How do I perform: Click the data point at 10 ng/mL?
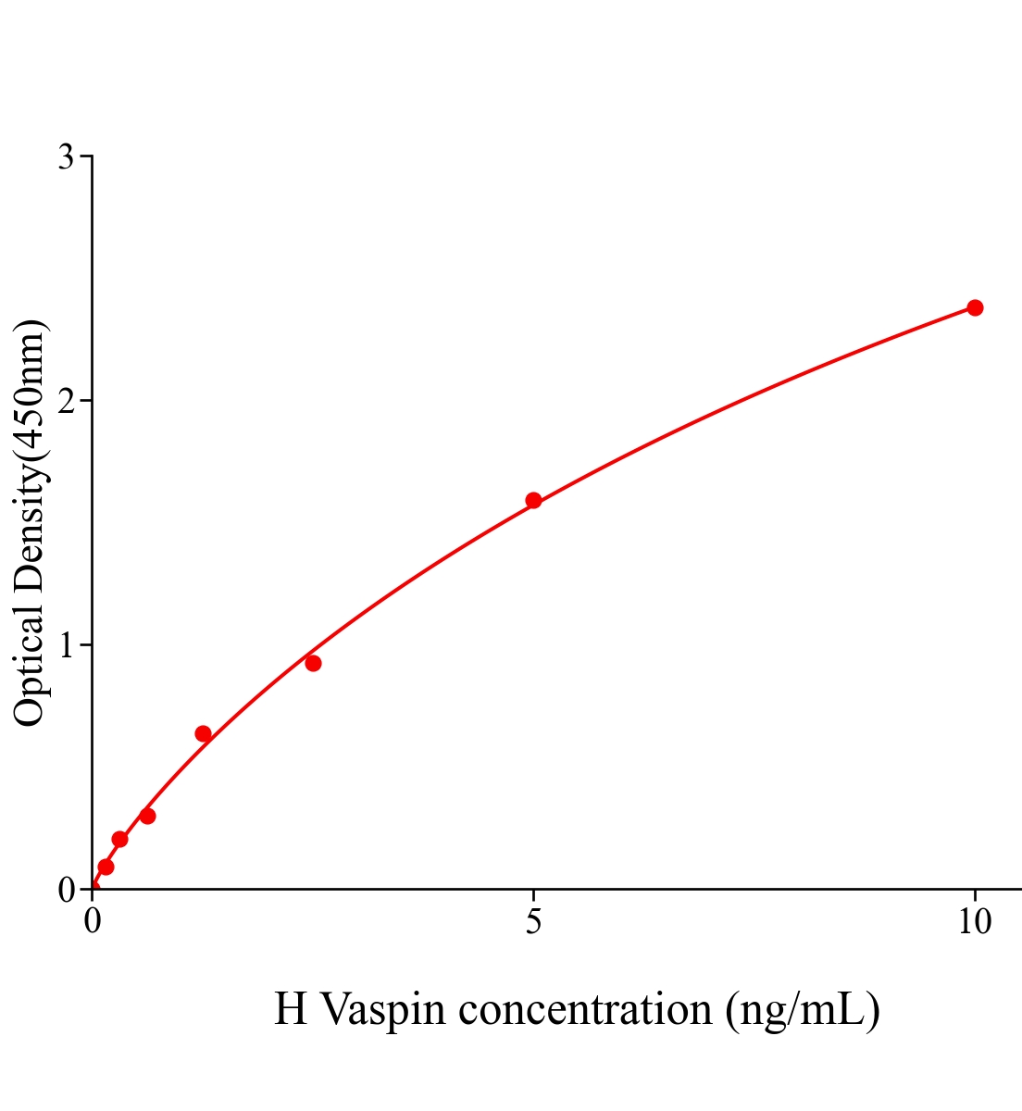(975, 307)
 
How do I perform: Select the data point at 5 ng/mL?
(533, 501)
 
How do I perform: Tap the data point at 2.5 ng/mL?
(313, 663)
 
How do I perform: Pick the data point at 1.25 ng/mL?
(203, 734)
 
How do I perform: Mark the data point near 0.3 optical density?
(147, 816)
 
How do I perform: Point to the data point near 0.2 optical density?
(119, 839)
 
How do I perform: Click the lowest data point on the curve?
(106, 867)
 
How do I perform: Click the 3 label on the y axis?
(66, 157)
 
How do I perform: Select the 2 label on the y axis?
(66, 401)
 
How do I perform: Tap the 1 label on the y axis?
(66, 645)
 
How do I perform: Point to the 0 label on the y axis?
(66, 890)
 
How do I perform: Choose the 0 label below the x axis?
(93, 922)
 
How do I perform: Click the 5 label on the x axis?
(533, 922)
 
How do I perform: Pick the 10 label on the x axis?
(974, 922)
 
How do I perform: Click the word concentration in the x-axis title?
(585, 1009)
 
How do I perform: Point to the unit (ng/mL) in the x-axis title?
(802, 1009)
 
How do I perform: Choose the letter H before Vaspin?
(291, 1009)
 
